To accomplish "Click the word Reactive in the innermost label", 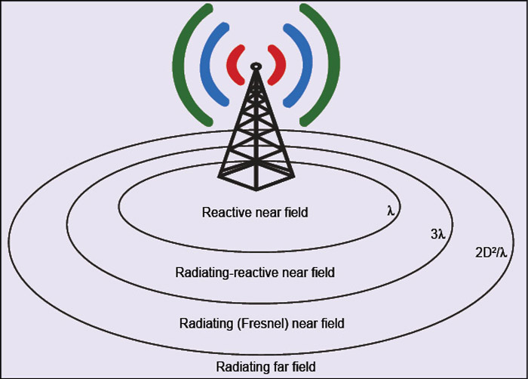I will [x=225, y=213].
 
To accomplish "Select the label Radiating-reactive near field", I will [x=254, y=272].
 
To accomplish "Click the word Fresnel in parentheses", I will [x=259, y=324].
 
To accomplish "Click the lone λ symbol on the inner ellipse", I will [x=390, y=211].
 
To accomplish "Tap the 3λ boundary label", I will [x=438, y=235].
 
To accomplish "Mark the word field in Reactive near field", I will [x=295, y=213].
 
